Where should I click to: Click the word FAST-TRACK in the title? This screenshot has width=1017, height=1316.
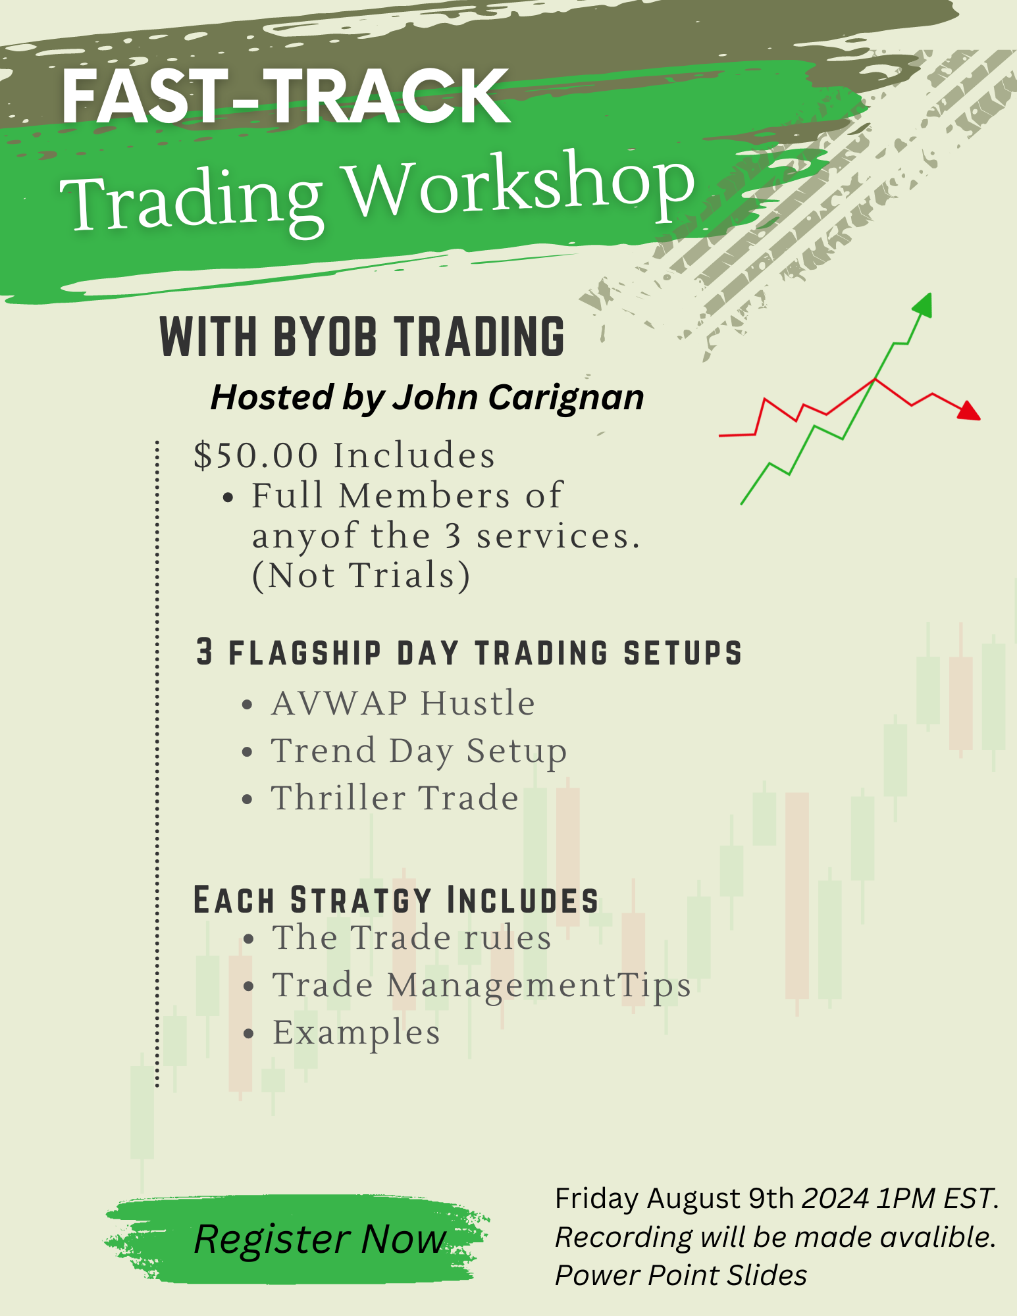pyautogui.click(x=286, y=97)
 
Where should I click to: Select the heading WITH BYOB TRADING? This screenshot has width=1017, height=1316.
pyautogui.click(x=362, y=336)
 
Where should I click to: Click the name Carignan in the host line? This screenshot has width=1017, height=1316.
pyautogui.click(x=566, y=398)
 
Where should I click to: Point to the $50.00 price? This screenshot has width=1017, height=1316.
pyautogui.click(x=256, y=455)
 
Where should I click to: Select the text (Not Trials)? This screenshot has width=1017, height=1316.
pyautogui.click(x=361, y=576)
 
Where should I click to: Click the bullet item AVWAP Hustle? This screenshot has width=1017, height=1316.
pyautogui.click(x=403, y=703)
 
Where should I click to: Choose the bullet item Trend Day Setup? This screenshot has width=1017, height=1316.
pyautogui.click(x=419, y=751)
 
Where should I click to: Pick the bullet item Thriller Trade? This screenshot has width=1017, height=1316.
pyautogui.click(x=395, y=798)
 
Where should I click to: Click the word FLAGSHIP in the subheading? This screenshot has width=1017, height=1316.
pyautogui.click(x=305, y=653)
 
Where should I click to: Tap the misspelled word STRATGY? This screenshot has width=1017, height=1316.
pyautogui.click(x=361, y=901)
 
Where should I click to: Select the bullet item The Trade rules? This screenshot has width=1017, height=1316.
pyautogui.click(x=412, y=938)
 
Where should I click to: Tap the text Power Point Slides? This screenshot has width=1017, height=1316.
pyautogui.click(x=681, y=1275)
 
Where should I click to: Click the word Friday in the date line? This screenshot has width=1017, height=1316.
pyautogui.click(x=597, y=1199)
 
